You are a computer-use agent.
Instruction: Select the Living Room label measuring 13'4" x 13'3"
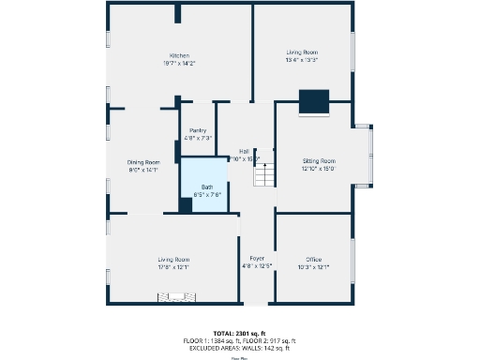coord(302,52)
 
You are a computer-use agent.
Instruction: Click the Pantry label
coord(198,130)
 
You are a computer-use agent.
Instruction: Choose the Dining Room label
coord(143,162)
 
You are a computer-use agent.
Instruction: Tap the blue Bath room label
coord(206,187)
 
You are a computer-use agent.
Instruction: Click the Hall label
coord(244,151)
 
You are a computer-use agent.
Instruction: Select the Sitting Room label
coord(319,161)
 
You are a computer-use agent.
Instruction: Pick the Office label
coord(314,260)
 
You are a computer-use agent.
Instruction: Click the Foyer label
coord(256,258)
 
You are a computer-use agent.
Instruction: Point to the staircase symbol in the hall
coord(264,175)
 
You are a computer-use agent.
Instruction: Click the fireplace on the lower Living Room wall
coord(173,298)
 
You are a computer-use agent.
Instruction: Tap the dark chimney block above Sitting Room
coord(313,101)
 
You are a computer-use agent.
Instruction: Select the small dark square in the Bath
coord(187,205)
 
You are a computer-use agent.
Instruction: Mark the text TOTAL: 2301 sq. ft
coord(240,333)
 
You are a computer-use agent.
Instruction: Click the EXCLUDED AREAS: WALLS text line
coord(240,347)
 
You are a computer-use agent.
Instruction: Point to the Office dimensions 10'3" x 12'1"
coord(314,267)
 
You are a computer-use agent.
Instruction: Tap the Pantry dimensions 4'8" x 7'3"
coord(198,138)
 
